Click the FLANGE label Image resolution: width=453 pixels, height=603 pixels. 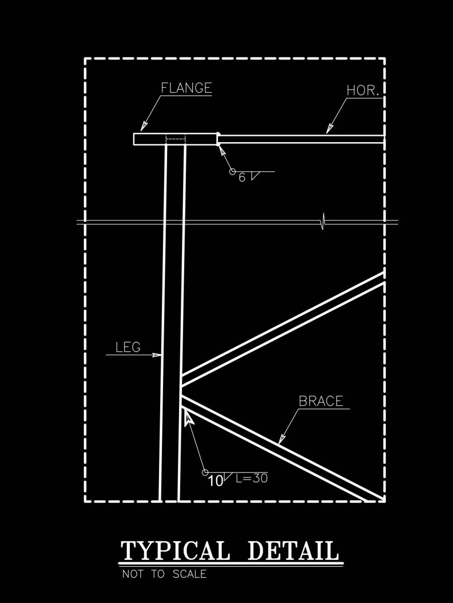tap(186, 88)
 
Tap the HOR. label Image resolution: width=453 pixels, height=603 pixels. tap(363, 90)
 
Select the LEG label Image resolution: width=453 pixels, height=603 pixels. tap(128, 347)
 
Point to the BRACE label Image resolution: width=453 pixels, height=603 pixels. tap(321, 401)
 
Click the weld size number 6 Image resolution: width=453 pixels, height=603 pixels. tap(242, 177)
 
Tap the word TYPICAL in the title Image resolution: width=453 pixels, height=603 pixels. tap(175, 551)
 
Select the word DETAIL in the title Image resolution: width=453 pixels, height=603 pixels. tap(293, 551)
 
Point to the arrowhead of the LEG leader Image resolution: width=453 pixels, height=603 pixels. tap(157, 355)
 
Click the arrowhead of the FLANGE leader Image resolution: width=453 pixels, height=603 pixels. tap(143, 127)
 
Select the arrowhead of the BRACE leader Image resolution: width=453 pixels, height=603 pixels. tap(282, 439)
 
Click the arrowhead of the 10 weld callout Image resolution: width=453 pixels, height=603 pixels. tap(189, 417)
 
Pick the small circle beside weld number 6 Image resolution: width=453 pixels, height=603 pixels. tap(232, 171)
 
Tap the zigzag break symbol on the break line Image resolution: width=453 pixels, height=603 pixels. tap(324, 222)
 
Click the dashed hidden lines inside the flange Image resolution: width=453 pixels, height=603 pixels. tap(176, 139)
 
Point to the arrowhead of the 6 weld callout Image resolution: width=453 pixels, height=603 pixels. tap(222, 151)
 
